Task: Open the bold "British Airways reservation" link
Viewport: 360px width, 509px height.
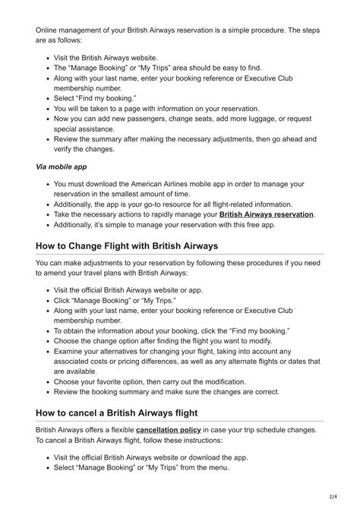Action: click(x=266, y=215)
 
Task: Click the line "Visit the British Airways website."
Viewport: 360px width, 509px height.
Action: click(x=106, y=58)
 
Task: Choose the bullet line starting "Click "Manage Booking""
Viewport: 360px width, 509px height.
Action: click(x=115, y=300)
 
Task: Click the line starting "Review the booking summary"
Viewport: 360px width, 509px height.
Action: click(x=166, y=392)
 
